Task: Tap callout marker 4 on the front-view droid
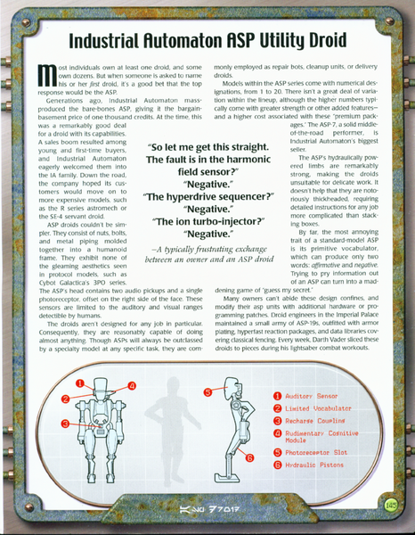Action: [131, 386]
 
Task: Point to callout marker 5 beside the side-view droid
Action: [207, 391]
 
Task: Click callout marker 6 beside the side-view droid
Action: [251, 457]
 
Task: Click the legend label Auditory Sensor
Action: [312, 395]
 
